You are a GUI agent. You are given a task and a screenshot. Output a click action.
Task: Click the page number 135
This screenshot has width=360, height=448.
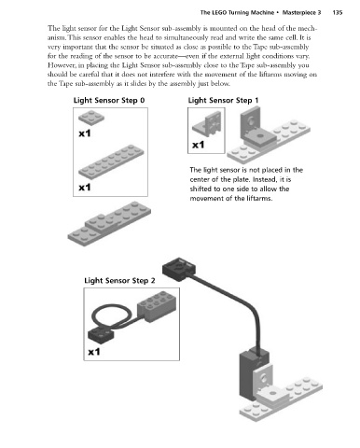338,13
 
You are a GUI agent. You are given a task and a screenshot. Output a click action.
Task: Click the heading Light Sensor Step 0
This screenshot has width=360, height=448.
109,101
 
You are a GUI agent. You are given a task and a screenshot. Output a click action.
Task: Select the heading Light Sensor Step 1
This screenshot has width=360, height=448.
223,101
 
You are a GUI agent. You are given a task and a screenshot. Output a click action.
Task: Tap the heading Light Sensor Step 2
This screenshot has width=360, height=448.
119,281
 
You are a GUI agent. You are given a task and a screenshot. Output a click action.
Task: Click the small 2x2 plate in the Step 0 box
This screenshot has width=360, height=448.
91,118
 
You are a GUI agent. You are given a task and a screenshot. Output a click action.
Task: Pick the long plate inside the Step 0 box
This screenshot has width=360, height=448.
111,161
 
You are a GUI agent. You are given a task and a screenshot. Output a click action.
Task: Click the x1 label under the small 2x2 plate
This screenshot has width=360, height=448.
85,133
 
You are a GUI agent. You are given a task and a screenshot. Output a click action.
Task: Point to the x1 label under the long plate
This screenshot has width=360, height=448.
85,188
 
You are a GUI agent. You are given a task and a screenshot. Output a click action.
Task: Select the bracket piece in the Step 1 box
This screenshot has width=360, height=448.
207,123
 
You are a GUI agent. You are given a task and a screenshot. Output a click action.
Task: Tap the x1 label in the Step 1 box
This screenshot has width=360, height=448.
198,145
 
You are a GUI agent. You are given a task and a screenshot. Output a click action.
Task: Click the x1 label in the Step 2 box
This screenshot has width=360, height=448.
94,352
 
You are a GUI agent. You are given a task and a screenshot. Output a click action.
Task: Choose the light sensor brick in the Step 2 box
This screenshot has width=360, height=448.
157,305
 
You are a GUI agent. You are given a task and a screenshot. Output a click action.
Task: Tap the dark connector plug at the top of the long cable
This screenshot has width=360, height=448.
179,269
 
